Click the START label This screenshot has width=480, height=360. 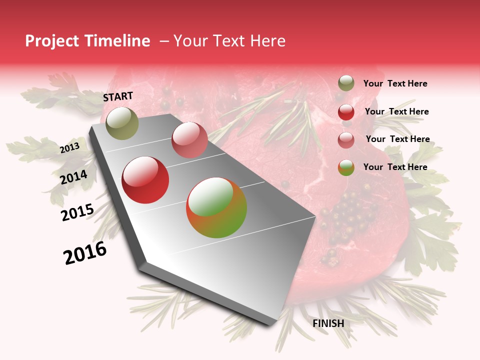pyautogui.click(x=118, y=96)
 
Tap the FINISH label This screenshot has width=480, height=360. pyautogui.click(x=328, y=323)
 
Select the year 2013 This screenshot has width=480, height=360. pyautogui.click(x=69, y=148)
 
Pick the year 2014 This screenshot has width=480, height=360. pyautogui.click(x=73, y=177)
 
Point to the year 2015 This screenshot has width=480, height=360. pyautogui.click(x=77, y=212)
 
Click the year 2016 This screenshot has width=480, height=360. pyautogui.click(x=85, y=253)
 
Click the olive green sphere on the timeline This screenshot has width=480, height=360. pyautogui.click(x=122, y=123)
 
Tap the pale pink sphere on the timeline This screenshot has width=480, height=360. pyautogui.click(x=189, y=139)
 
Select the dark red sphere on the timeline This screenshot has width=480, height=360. pyautogui.click(x=145, y=180)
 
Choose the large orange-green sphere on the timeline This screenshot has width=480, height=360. pyautogui.click(x=216, y=207)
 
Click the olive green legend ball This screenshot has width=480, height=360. pyautogui.click(x=346, y=83)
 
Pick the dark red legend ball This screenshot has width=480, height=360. pyautogui.click(x=346, y=112)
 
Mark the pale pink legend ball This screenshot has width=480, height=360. pyautogui.click(x=346, y=140)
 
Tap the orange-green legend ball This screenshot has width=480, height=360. pyautogui.click(x=346, y=167)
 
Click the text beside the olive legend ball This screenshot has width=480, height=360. pyautogui.click(x=395, y=83)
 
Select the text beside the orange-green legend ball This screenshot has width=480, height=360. pyautogui.click(x=395, y=167)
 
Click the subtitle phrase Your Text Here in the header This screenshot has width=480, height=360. pyautogui.click(x=229, y=41)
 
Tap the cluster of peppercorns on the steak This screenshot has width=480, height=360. pyautogui.click(x=350, y=215)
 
